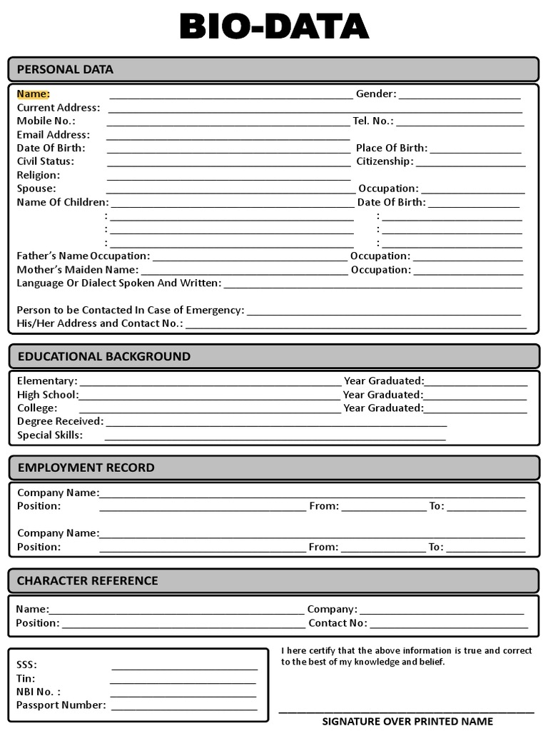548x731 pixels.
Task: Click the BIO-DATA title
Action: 274,27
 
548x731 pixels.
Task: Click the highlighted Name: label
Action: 33,94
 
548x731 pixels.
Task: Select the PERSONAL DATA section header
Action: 65,69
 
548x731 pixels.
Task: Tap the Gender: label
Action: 376,94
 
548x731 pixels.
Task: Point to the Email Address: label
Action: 54,134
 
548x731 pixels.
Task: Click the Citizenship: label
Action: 385,161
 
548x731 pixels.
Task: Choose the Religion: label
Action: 39,175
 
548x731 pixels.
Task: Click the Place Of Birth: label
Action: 392,148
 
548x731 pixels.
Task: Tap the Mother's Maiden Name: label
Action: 77,270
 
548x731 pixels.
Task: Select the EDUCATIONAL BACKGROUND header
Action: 103,356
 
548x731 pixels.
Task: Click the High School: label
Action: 48,395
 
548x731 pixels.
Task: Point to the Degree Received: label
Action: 60,421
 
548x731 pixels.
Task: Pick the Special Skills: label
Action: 50,435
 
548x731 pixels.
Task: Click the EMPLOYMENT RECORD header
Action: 86,468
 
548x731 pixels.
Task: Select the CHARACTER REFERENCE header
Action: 88,580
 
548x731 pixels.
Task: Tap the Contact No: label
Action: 338,623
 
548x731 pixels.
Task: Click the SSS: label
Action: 26,665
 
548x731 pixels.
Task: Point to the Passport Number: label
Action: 61,705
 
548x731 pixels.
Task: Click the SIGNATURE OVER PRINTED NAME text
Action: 407,721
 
